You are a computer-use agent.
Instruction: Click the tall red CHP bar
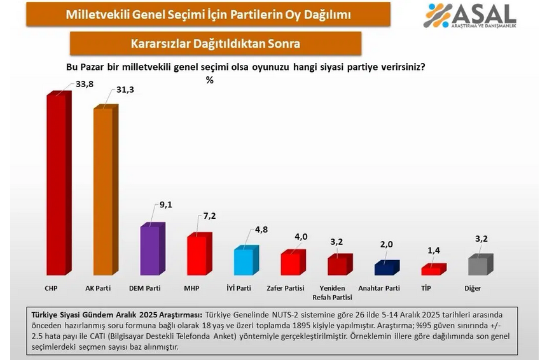[58, 184]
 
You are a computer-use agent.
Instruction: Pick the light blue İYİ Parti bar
[245, 261]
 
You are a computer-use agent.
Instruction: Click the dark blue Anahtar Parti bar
[385, 268]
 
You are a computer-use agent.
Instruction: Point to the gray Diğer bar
[479, 265]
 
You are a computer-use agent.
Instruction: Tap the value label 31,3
[124, 90]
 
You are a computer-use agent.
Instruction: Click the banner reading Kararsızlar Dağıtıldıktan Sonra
[216, 44]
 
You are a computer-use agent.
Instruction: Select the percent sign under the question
[209, 80]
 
